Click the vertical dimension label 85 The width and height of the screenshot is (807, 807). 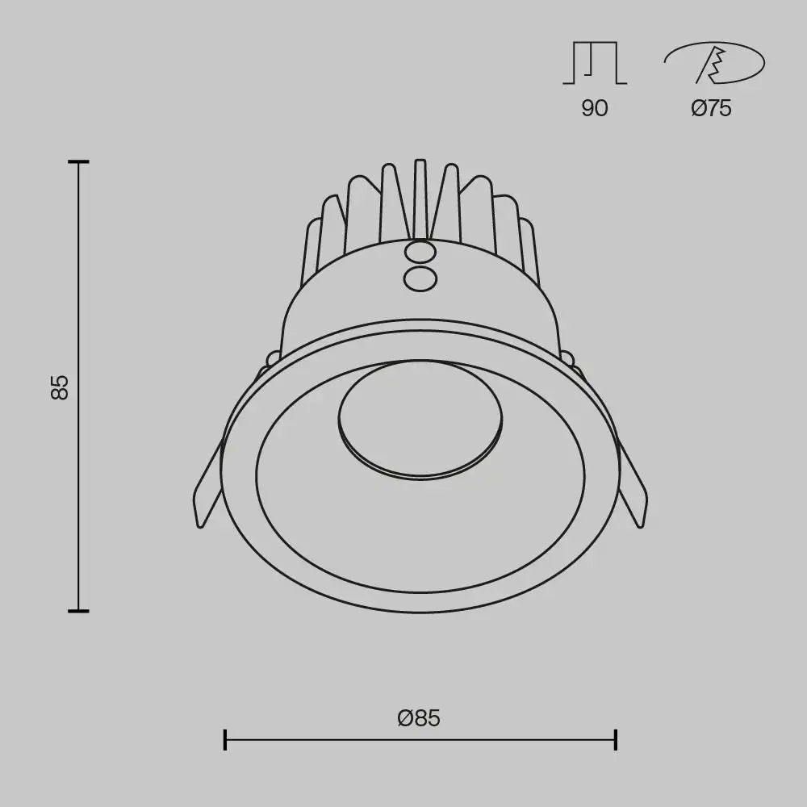pyautogui.click(x=60, y=387)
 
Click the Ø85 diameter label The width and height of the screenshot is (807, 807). pyautogui.click(x=419, y=717)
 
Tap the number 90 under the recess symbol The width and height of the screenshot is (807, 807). pyautogui.click(x=594, y=108)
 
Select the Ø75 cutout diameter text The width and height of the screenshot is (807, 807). pyautogui.click(x=711, y=108)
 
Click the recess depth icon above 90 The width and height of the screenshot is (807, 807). pyautogui.click(x=595, y=63)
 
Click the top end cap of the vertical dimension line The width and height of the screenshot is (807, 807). pyautogui.click(x=78, y=162)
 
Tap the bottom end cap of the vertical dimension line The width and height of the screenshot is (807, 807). pyautogui.click(x=78, y=611)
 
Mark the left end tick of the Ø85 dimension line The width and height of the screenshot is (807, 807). pyautogui.click(x=225, y=738)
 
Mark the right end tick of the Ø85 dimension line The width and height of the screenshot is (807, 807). pyautogui.click(x=616, y=738)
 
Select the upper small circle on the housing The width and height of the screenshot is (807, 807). pyautogui.click(x=420, y=253)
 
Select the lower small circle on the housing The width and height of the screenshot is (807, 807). pyautogui.click(x=420, y=279)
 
